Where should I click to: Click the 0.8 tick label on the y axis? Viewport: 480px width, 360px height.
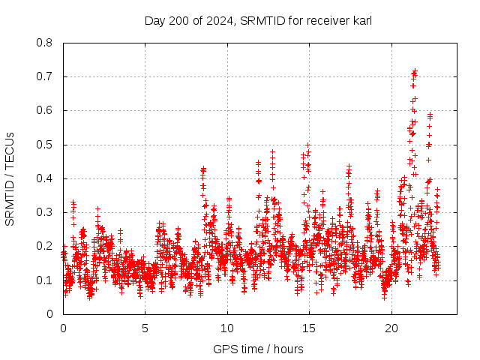coord(46,43)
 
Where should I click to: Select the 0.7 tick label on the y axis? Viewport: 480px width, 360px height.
coord(46,76)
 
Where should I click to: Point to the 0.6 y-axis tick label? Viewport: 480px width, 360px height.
coord(46,110)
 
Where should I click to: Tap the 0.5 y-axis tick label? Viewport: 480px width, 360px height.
coord(46,144)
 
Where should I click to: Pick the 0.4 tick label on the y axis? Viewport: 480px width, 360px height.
coord(46,178)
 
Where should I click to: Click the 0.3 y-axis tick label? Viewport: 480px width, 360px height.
coord(46,212)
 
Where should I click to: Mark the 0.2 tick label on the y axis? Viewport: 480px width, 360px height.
coord(46,246)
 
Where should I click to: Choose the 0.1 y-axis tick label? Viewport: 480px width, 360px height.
coord(46,280)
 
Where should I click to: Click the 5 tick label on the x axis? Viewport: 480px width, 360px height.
coord(145,328)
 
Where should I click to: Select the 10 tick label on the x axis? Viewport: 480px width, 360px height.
coord(227,328)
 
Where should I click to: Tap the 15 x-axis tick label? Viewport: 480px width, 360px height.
coord(309,328)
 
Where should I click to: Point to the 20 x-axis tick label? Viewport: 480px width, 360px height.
coord(391,328)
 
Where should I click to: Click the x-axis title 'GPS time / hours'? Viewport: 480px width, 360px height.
coord(258,349)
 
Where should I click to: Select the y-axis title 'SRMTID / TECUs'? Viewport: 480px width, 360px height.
coord(10,178)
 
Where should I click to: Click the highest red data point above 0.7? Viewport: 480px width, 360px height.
coord(415,71)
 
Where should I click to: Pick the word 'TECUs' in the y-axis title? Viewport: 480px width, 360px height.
coord(10,151)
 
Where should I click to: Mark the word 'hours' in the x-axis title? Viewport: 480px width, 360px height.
coord(289,349)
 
